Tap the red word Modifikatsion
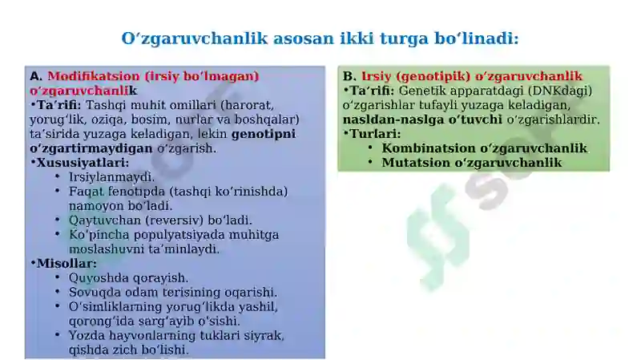point(86,76)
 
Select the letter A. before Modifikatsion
point(36,76)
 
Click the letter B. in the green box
point(349,76)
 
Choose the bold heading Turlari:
point(375,134)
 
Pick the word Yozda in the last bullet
point(85,335)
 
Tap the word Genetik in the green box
point(421,91)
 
